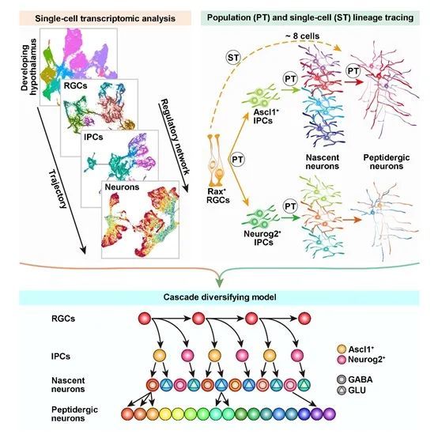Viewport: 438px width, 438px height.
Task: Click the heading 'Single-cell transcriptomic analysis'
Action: point(105,18)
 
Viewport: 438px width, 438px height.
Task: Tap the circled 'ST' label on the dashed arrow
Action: point(233,58)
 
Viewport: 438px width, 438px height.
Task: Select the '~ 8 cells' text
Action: point(302,36)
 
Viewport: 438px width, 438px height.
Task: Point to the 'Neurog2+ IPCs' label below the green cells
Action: point(262,237)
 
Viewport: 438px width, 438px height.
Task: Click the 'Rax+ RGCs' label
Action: point(218,195)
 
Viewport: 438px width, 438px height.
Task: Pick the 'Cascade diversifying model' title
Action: point(220,296)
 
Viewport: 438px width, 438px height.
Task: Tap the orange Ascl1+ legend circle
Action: point(342,349)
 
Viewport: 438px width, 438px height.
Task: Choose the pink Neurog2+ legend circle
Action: point(342,360)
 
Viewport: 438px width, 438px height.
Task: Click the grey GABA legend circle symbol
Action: point(342,379)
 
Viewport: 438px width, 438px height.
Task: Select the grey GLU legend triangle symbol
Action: point(342,390)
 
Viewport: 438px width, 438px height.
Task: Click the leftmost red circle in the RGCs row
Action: point(145,318)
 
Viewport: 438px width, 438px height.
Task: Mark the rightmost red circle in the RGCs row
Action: point(304,318)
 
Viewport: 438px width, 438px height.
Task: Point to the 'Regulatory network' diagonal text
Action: point(176,136)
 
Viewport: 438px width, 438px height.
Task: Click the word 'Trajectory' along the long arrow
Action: point(58,189)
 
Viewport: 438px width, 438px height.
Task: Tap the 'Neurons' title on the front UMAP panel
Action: point(122,187)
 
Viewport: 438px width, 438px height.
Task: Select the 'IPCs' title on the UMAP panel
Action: point(93,137)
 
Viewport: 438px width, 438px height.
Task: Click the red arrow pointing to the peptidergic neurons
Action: point(354,82)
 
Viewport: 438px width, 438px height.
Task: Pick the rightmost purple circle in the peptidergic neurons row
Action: point(329,413)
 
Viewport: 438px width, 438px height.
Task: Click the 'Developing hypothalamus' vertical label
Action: point(28,67)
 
